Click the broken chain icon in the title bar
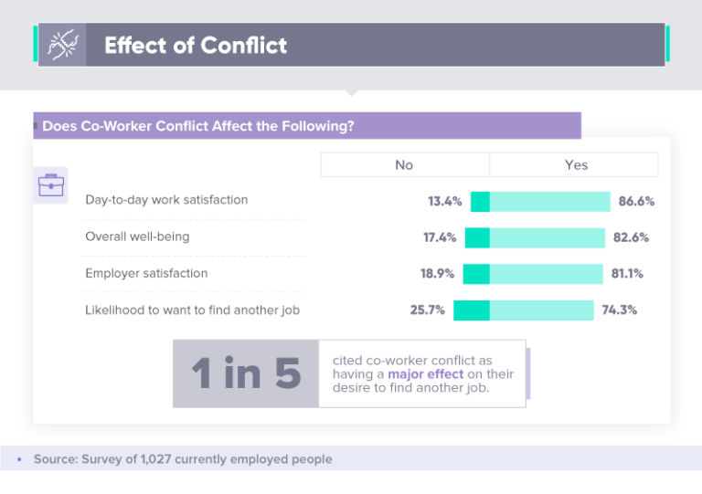pyautogui.click(x=61, y=45)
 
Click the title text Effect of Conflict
pyautogui.click(x=196, y=46)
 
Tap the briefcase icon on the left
pyautogui.click(x=50, y=185)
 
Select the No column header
pyautogui.click(x=404, y=165)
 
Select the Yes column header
pyautogui.click(x=576, y=165)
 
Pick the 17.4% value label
pyautogui.click(x=440, y=237)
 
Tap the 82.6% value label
pyautogui.click(x=631, y=237)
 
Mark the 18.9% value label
pyautogui.click(x=438, y=274)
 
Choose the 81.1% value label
pyautogui.click(x=629, y=274)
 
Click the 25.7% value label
pyautogui.click(x=428, y=310)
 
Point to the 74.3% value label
pyautogui.click(x=619, y=310)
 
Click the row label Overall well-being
pyautogui.click(x=137, y=236)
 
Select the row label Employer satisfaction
pyautogui.click(x=146, y=273)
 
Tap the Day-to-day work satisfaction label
pyautogui.click(x=166, y=199)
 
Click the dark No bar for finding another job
pyautogui.click(x=472, y=310)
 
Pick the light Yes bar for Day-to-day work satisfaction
pyautogui.click(x=549, y=202)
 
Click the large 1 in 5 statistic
pyautogui.click(x=245, y=374)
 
